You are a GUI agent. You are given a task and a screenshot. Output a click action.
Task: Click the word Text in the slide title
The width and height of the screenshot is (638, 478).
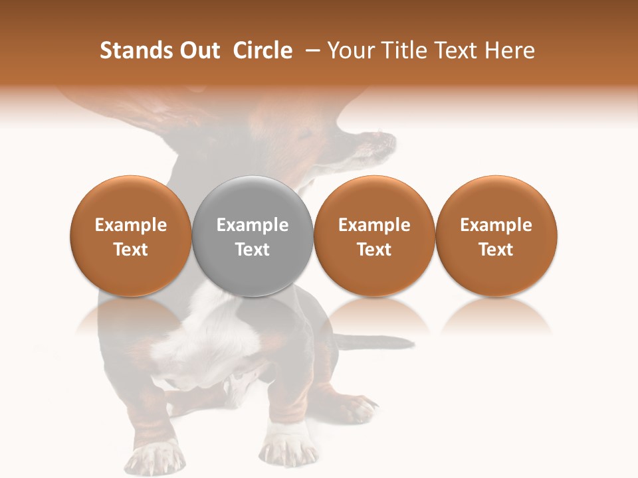460,50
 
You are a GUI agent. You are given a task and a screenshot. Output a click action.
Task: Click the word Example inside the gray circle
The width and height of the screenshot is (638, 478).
253,225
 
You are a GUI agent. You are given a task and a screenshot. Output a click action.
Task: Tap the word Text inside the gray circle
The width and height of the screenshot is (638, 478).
253,250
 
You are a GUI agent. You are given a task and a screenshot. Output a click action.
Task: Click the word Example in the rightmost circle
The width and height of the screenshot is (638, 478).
496,225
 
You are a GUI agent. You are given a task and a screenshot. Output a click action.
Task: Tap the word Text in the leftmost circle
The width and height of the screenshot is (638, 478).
131,250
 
